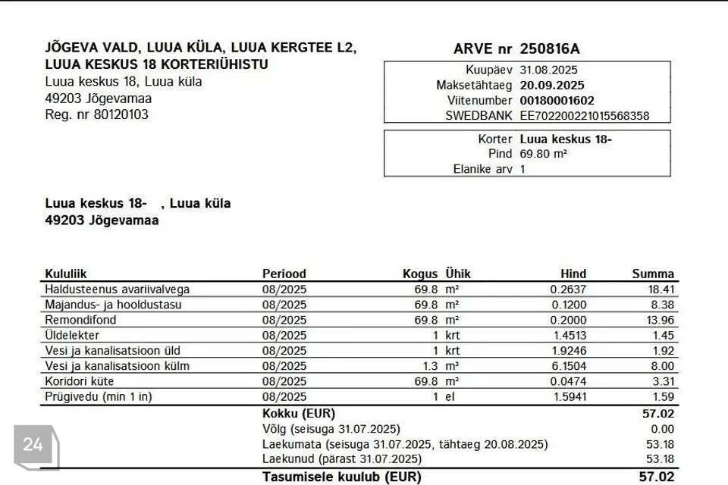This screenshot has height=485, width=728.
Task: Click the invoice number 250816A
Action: click(550, 49)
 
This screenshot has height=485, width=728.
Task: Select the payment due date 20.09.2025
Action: click(552, 85)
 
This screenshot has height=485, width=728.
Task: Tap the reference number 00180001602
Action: click(557, 100)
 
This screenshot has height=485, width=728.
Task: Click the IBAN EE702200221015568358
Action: click(584, 116)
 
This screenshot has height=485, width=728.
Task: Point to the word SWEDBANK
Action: click(479, 116)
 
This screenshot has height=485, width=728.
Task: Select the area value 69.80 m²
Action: click(543, 154)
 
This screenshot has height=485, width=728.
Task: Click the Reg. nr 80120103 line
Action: click(97, 114)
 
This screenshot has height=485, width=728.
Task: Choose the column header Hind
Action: click(573, 274)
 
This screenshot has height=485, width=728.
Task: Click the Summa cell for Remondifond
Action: click(661, 320)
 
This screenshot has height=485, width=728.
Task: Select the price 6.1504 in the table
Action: click(568, 366)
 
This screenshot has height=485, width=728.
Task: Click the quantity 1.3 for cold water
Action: click(430, 366)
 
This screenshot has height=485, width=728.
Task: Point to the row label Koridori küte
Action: click(80, 381)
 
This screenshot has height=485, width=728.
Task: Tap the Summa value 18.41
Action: click(661, 289)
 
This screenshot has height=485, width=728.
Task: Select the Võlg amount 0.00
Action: click(662, 429)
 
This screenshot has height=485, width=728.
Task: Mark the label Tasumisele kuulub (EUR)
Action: click(341, 477)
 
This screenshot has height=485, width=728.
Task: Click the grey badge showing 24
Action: click(33, 445)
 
